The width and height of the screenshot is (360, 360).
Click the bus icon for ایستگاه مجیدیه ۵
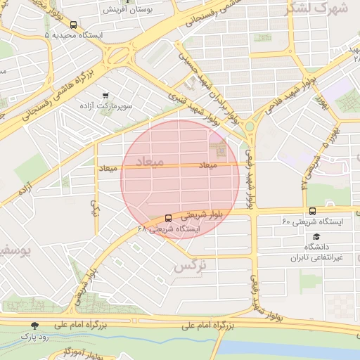[x=74, y=25]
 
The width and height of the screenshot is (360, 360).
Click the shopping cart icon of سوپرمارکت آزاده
[x=105, y=96]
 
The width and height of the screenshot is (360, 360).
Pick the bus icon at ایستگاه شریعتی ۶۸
[x=167, y=218]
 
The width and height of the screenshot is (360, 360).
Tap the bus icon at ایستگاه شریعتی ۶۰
[x=312, y=211]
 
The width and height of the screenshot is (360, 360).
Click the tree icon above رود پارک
[x=35, y=325]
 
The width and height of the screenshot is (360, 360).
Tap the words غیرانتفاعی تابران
[x=319, y=258]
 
